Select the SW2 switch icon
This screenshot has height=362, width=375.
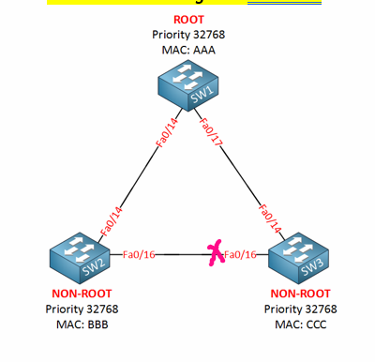(82, 262)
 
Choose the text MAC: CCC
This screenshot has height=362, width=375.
(300, 324)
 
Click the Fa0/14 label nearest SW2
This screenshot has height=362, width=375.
(110, 219)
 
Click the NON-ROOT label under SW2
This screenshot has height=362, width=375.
(82, 294)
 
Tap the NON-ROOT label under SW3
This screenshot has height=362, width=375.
(300, 294)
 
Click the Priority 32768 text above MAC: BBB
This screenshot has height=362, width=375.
(82, 309)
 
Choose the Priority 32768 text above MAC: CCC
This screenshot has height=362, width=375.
(300, 309)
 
